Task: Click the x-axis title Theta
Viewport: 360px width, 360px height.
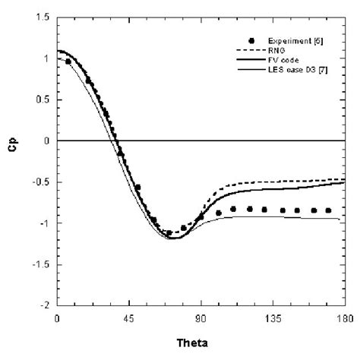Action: (x=201, y=342)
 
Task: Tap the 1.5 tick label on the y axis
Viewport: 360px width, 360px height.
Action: (x=46, y=16)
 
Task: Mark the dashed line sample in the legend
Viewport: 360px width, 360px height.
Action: (x=248, y=48)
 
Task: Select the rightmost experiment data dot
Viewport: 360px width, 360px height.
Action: (x=329, y=210)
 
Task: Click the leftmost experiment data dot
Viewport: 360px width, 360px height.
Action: (x=69, y=62)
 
